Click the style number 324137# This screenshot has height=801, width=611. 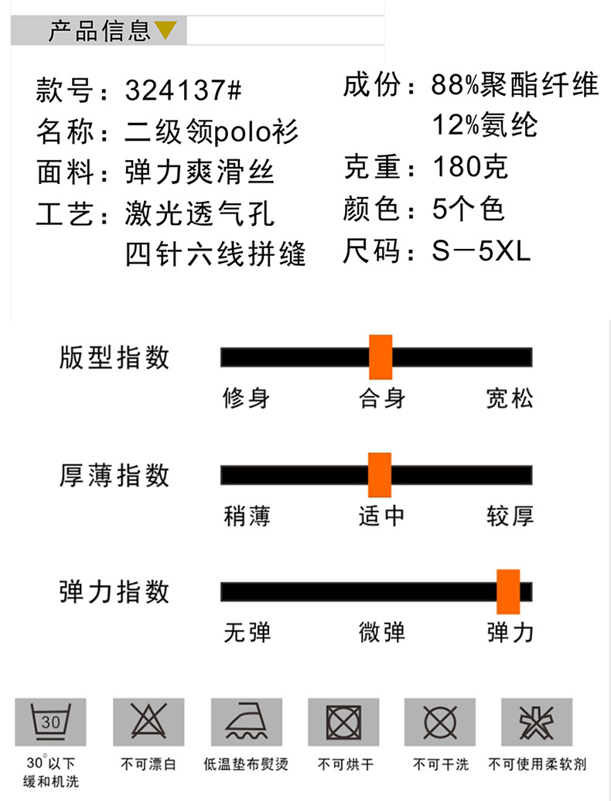(183, 91)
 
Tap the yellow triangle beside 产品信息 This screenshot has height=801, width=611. (166, 31)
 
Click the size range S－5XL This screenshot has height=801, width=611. (481, 252)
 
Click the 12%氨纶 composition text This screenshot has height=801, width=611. (485, 125)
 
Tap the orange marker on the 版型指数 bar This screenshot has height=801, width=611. (381, 357)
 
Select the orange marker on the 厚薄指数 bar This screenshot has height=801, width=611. (380, 475)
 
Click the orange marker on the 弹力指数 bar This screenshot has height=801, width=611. (508, 591)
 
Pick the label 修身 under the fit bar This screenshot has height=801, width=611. (246, 398)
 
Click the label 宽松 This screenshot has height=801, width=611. (510, 398)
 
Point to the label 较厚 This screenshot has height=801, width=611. (510, 516)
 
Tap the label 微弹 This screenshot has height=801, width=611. (382, 632)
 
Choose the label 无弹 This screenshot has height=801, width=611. (247, 632)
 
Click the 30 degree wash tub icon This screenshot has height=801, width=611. (50, 722)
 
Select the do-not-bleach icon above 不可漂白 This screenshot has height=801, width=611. (148, 722)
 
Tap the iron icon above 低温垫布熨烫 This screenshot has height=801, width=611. (245, 722)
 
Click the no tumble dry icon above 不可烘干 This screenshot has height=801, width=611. (343, 722)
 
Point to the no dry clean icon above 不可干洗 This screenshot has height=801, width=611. (440, 722)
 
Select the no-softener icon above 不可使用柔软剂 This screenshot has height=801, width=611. (537, 722)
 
